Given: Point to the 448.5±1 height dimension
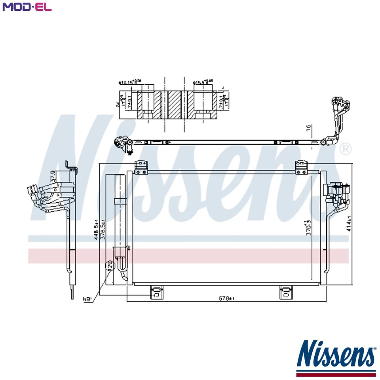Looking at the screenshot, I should pyautogui.click(x=96, y=231).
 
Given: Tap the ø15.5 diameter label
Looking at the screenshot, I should pyautogui.click(x=202, y=82).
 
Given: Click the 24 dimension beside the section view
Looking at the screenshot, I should pyautogui.click(x=118, y=105).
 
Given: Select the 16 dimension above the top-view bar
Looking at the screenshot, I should pyautogui.click(x=308, y=128).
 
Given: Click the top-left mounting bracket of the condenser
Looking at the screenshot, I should pyautogui.click(x=141, y=167).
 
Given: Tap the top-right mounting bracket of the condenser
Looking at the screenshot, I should pyautogui.click(x=302, y=167).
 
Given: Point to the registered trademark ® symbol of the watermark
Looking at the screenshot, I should pyautogui.click(x=345, y=149).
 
